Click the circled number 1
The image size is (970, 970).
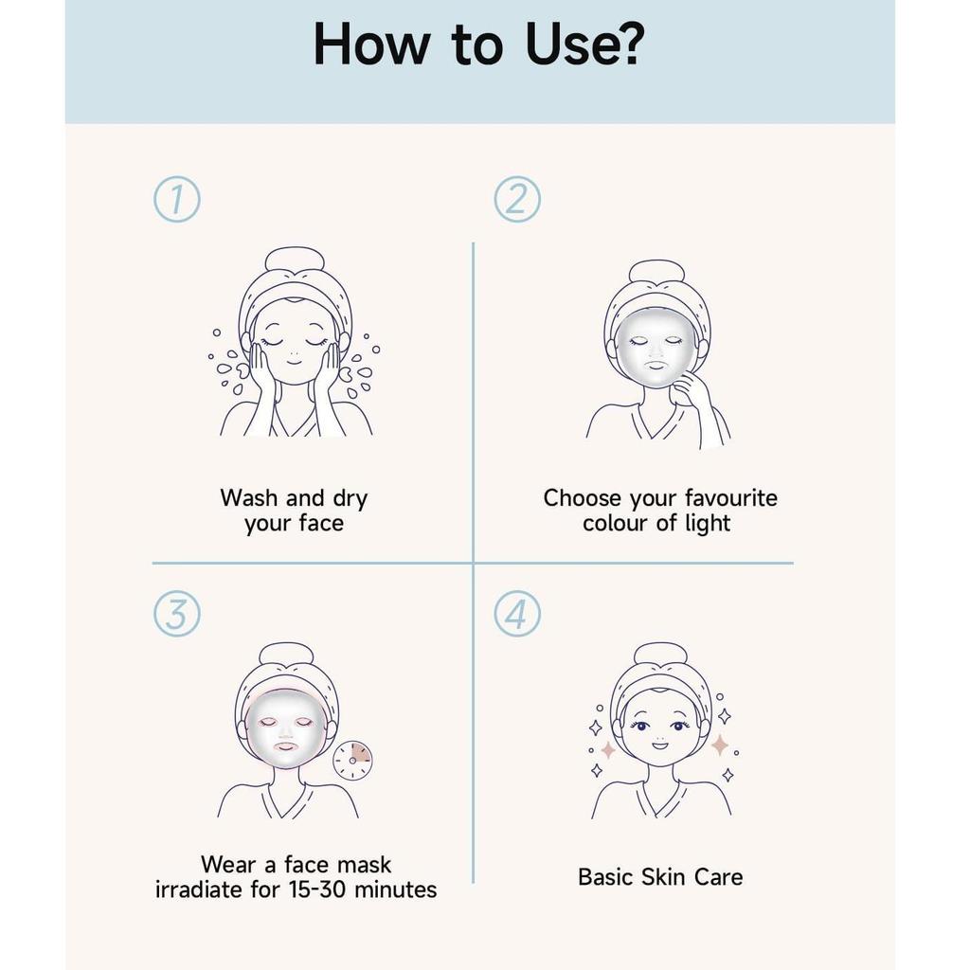(x=177, y=199)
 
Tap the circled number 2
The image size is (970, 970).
(x=517, y=199)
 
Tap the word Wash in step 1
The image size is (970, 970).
(x=250, y=498)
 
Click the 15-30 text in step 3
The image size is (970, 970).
(x=325, y=889)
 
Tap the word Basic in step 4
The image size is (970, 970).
(x=605, y=876)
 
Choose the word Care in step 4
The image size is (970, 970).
(x=718, y=876)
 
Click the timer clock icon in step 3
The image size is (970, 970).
(x=352, y=760)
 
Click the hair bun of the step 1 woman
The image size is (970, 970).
(x=294, y=259)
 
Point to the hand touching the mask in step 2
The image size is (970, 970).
(x=692, y=389)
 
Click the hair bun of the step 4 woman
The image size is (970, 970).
(x=660, y=654)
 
